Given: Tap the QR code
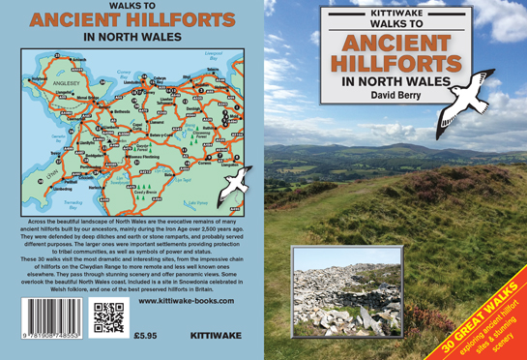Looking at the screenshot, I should pos(107,316).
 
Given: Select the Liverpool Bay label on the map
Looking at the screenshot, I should pos(214,45).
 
